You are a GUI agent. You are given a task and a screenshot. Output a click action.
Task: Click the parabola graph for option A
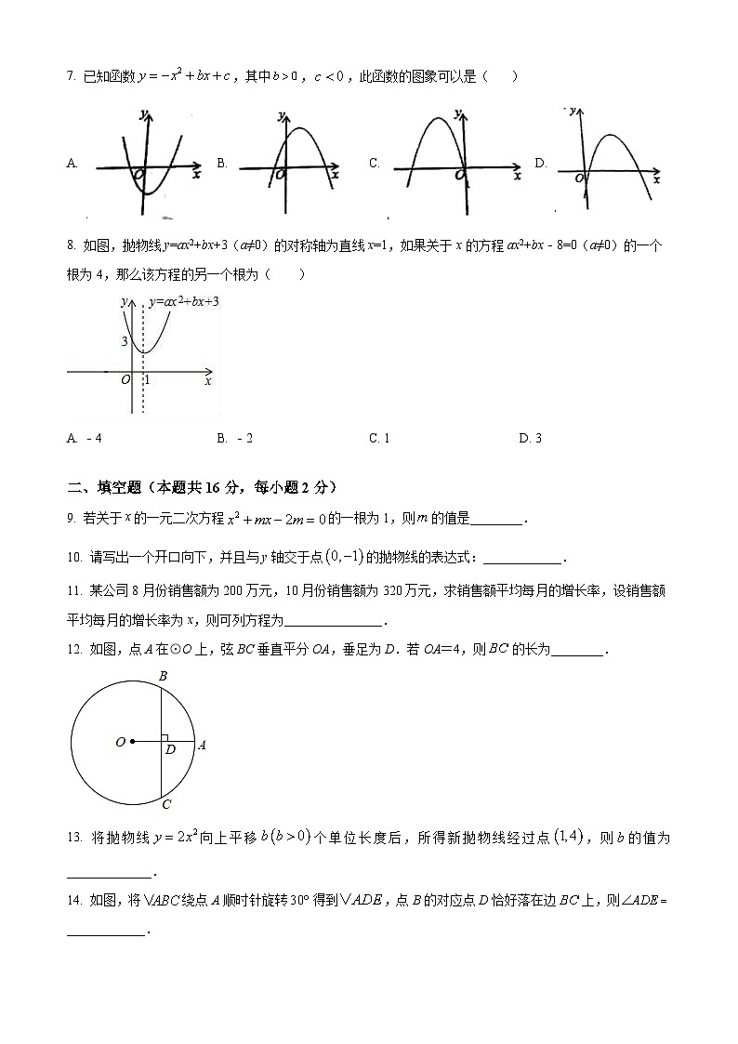pos(149,162)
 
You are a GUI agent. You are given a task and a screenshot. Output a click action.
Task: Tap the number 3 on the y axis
pos(124,342)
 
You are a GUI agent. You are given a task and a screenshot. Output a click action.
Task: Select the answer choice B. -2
pos(234,438)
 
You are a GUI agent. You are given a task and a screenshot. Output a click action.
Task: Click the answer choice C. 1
pos(379,438)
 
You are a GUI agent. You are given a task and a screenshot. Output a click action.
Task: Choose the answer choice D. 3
pos(530,438)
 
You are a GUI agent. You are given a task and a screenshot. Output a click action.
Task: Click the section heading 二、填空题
pos(104,487)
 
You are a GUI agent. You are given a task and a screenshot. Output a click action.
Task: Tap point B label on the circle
pos(163,677)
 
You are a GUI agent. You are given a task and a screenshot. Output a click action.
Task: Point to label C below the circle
pos(166,804)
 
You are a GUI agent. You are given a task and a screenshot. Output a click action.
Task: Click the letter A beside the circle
pos(202,744)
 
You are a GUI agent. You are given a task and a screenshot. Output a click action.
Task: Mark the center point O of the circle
pos(133,741)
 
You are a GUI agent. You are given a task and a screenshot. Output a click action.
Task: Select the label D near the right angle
pos(170,749)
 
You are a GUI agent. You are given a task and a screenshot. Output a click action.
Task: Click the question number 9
pos(72,519)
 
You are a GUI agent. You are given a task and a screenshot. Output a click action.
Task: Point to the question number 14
pos(73,901)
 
